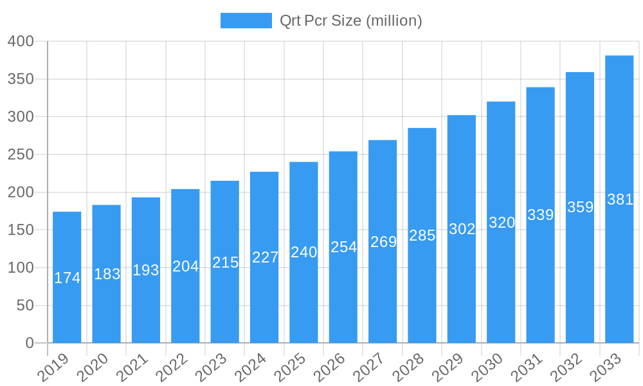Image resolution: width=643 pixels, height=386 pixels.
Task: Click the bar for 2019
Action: (x=67, y=277)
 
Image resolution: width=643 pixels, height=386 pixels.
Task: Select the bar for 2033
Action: (x=619, y=199)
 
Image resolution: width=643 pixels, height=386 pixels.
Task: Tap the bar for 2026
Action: (x=343, y=247)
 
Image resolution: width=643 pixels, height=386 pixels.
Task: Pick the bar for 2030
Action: (x=501, y=222)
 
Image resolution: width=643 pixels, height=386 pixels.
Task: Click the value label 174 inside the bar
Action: (x=67, y=278)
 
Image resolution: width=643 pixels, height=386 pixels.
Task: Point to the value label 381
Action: (x=620, y=199)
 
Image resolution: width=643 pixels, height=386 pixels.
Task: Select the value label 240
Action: (x=303, y=252)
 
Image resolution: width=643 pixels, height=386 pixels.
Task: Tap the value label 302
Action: (x=462, y=229)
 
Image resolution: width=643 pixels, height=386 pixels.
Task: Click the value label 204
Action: (x=185, y=266)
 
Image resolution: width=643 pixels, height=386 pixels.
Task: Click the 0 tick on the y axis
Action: (x=30, y=344)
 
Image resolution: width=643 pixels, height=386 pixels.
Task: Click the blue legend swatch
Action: (x=246, y=21)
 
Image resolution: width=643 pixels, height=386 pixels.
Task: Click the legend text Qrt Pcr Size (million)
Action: (x=350, y=21)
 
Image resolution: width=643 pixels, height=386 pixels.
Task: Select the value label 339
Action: (x=540, y=215)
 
